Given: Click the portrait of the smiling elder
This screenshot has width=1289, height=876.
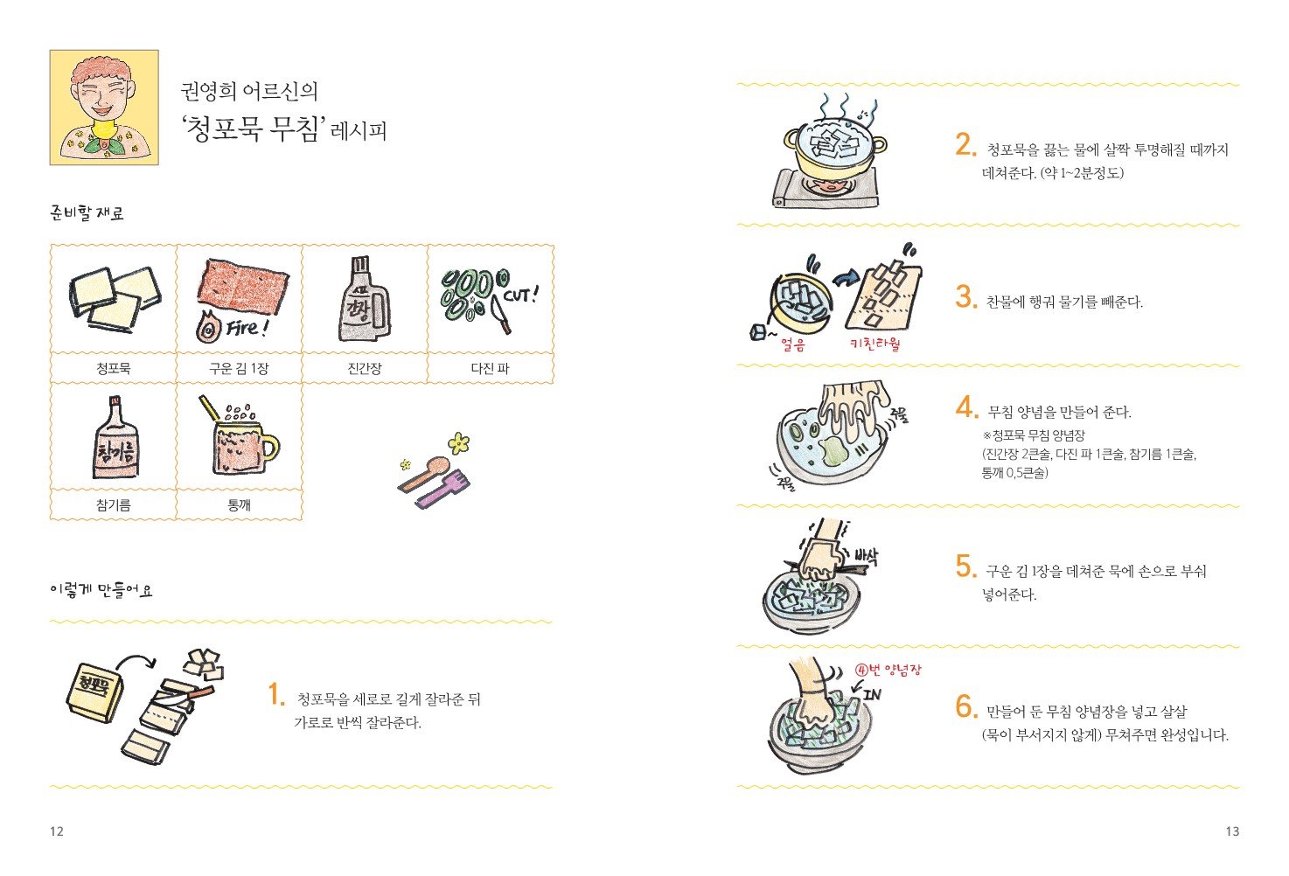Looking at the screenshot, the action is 104,108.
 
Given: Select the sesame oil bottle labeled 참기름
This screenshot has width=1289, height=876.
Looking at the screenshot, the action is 116,437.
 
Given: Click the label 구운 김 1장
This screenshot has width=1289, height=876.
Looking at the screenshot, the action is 239,368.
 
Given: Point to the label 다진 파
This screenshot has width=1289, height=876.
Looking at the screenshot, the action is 491,368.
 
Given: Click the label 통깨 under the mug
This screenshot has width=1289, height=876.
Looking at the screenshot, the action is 239,505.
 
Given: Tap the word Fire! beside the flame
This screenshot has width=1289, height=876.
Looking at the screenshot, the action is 247,328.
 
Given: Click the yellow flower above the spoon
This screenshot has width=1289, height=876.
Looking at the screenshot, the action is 458,443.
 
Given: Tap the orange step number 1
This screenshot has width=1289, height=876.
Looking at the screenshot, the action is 276,694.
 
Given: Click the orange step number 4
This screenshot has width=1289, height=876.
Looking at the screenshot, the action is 967,407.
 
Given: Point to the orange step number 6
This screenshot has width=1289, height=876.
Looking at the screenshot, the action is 967,706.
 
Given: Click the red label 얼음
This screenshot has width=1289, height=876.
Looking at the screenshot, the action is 793,344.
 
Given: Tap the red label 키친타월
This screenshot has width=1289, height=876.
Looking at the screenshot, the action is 874,344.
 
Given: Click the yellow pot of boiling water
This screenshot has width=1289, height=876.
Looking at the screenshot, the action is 835,149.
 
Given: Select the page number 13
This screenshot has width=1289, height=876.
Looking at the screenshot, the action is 1232,831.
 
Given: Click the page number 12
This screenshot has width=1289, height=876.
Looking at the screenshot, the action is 56,831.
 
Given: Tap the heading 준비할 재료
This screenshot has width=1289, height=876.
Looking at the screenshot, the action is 87,213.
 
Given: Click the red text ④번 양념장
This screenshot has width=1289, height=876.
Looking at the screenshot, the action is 888,670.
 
